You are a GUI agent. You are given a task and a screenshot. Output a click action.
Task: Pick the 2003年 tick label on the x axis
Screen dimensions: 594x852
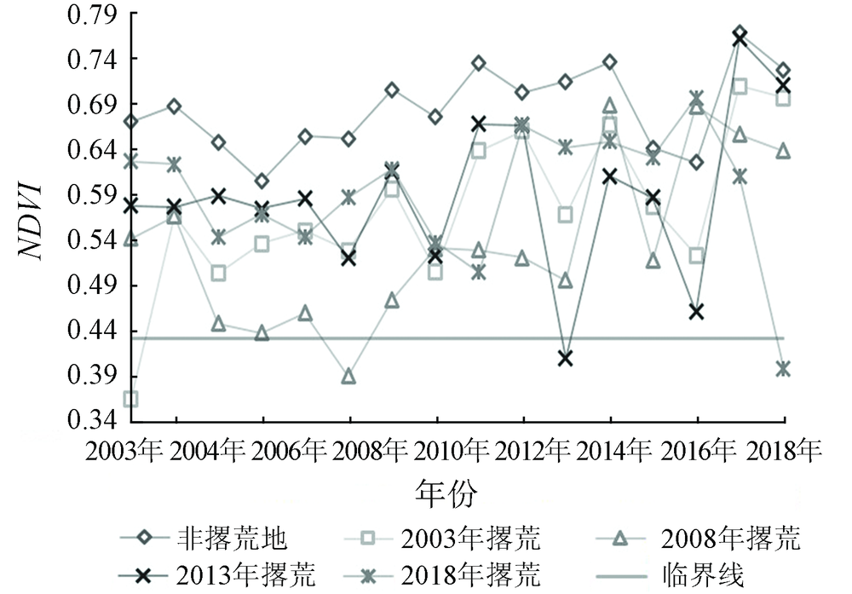127,451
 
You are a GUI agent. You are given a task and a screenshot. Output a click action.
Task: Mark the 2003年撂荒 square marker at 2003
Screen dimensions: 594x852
131,399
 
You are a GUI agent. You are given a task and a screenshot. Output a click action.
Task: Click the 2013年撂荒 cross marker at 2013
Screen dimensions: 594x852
566,358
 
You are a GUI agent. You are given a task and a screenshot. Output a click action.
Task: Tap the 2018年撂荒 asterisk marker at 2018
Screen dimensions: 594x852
783,368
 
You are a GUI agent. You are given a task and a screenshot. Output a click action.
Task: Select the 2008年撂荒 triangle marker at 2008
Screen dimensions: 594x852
348,377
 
